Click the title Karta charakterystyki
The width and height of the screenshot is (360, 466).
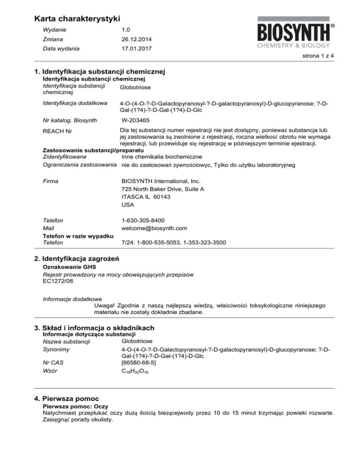click(77, 19)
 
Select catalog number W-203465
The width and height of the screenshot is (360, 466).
click(136, 120)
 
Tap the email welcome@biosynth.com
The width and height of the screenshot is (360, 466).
click(154, 228)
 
